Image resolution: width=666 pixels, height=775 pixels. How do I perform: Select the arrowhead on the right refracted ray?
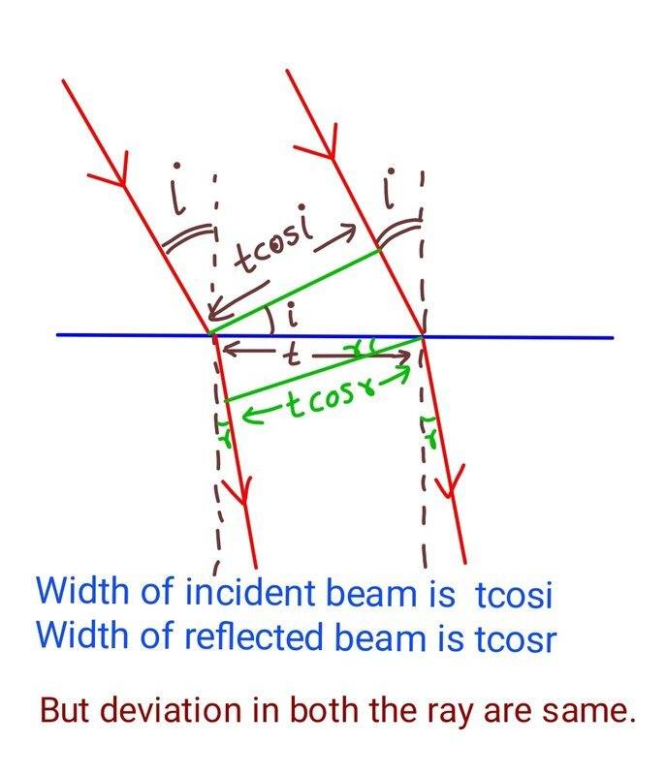pos(453,480)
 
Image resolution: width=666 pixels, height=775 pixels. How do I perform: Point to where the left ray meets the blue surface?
pos(211,335)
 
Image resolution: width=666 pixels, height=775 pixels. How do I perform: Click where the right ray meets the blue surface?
pos(423,337)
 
